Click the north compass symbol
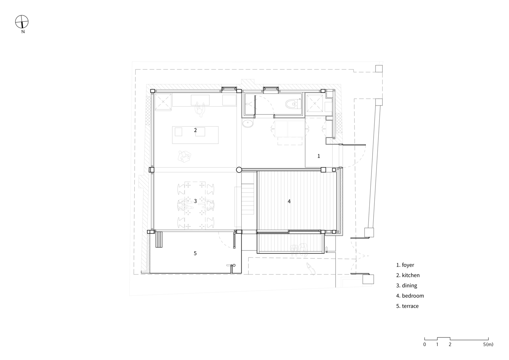point(22,22)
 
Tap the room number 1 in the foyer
point(319,156)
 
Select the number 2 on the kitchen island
point(195,130)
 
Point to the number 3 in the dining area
point(195,201)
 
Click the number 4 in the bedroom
point(289,201)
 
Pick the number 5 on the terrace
point(195,253)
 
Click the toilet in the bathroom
point(293,104)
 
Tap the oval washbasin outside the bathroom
point(248,124)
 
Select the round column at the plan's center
point(239,170)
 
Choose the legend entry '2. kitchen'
point(408,275)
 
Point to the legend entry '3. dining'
point(406,285)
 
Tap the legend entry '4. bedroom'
point(410,296)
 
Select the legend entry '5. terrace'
point(407,306)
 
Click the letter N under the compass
point(23,32)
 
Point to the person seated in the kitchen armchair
point(184,156)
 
